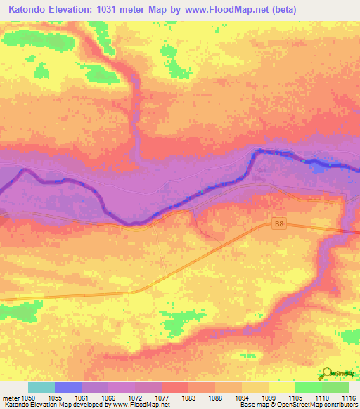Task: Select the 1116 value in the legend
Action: (x=349, y=397)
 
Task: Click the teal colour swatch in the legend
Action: (x=41, y=387)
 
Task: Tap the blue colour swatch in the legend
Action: (x=68, y=387)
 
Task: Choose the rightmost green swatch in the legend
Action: (x=335, y=387)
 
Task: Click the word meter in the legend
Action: (x=11, y=397)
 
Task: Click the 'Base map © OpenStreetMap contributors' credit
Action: (x=296, y=405)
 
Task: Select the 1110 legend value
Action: (x=323, y=397)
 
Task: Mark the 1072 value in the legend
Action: (x=136, y=397)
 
